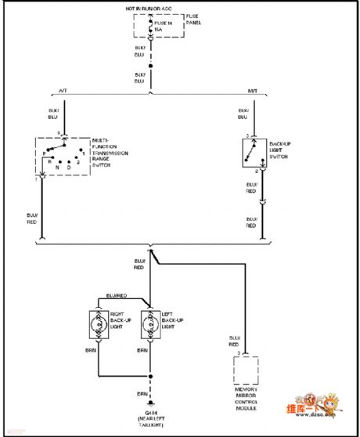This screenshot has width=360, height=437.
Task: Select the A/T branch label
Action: point(63,91)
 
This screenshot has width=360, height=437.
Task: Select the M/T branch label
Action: point(253,91)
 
